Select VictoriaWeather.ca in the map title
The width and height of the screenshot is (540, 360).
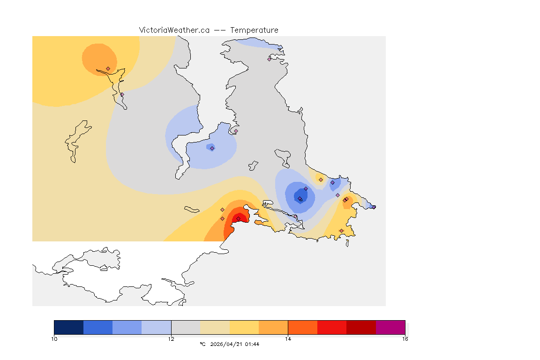click(174, 30)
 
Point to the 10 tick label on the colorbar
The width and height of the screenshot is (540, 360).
click(54, 338)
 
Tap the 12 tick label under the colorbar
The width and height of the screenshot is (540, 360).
click(171, 338)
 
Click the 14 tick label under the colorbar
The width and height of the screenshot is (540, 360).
click(288, 338)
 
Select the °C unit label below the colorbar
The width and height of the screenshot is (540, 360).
click(202, 344)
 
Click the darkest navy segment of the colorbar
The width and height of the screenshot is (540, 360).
click(68, 327)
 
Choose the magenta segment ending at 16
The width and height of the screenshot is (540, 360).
click(390, 327)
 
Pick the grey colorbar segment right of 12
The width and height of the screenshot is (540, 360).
click(186, 327)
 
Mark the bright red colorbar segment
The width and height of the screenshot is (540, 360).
click(332, 327)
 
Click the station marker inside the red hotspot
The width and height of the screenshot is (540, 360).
click(238, 218)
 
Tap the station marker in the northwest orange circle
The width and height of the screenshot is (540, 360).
click(108, 68)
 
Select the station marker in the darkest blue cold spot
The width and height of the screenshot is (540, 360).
click(300, 199)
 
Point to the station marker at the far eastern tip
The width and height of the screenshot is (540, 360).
click(374, 207)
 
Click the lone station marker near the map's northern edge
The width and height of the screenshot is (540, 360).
click(270, 59)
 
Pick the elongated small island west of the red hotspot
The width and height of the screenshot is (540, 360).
click(192, 209)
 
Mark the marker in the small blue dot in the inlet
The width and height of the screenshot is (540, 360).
click(212, 148)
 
